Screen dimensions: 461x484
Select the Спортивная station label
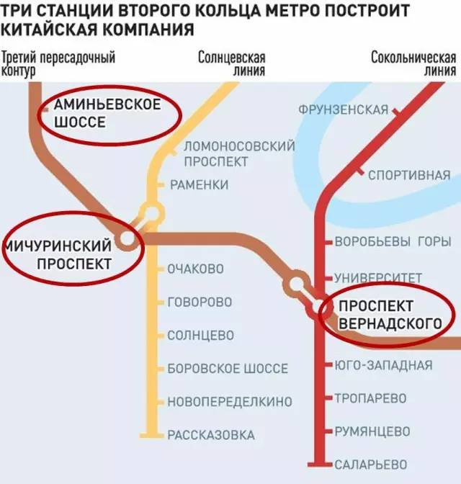coord(408,175)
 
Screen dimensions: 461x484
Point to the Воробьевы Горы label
coord(393,242)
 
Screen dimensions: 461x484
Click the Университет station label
coord(377,277)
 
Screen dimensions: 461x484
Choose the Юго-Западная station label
coord(383,365)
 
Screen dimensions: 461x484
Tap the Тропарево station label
coord(370,398)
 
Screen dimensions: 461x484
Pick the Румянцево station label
coord(372,431)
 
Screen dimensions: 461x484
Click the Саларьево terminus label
coord(370,464)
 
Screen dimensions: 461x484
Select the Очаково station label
coord(195,269)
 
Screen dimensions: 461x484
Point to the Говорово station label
coord(199,302)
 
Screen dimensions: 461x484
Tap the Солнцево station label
coord(200,336)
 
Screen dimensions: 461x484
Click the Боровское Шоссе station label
coord(227,369)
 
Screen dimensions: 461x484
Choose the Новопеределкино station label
coord(229,401)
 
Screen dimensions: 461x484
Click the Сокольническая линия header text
coord(413,63)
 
